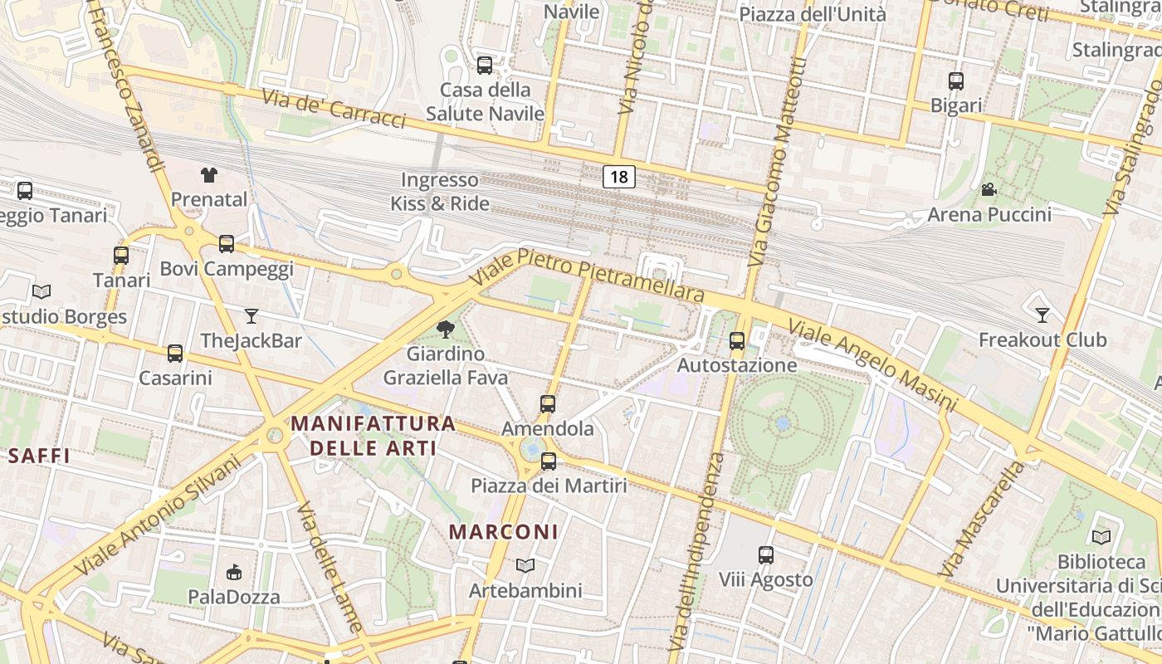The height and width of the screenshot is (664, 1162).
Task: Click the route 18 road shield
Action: (x=619, y=176)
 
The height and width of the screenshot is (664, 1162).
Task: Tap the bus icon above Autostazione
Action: (x=737, y=340)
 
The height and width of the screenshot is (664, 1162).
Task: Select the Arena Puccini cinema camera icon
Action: (x=989, y=190)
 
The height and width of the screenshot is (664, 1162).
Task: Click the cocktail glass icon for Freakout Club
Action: (x=1042, y=315)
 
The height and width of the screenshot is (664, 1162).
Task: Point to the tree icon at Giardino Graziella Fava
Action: (x=446, y=330)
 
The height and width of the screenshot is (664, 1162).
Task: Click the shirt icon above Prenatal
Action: (x=209, y=175)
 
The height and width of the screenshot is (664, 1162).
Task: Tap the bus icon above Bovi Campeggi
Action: (x=227, y=244)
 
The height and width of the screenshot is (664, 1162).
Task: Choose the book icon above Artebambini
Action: (x=525, y=566)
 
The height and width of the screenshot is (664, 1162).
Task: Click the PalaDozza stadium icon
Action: (x=234, y=572)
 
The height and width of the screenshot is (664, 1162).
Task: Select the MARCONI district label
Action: (x=504, y=532)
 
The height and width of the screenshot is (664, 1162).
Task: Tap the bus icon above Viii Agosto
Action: (x=766, y=554)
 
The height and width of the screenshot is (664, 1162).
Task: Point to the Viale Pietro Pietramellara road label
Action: (x=587, y=274)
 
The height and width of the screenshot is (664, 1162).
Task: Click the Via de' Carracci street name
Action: (x=334, y=109)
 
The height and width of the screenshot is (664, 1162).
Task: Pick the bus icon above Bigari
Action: (x=956, y=81)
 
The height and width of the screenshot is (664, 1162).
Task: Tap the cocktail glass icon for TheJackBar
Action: (x=251, y=316)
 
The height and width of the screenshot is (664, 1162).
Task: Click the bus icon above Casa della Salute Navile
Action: (x=485, y=65)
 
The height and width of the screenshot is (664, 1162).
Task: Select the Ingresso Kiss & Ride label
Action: (x=440, y=192)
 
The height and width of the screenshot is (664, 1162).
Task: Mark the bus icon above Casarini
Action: (x=175, y=354)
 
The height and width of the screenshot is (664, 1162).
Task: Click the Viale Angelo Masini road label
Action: (x=871, y=364)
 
